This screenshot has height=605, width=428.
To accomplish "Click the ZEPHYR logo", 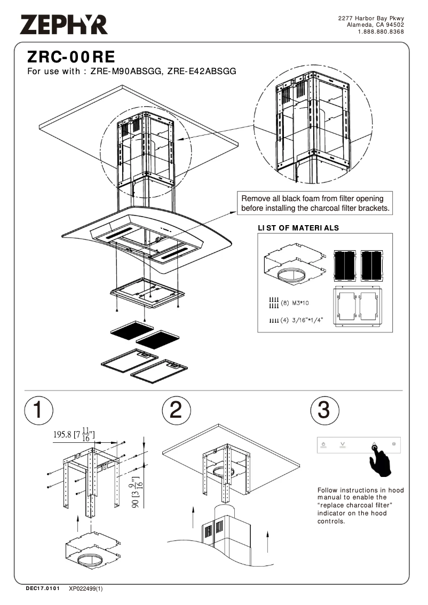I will (x=64, y=25).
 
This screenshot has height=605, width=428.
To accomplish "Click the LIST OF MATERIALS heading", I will (x=298, y=228).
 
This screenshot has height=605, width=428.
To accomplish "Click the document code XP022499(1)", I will (x=85, y=589).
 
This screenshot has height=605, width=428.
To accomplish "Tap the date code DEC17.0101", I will (x=43, y=589).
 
